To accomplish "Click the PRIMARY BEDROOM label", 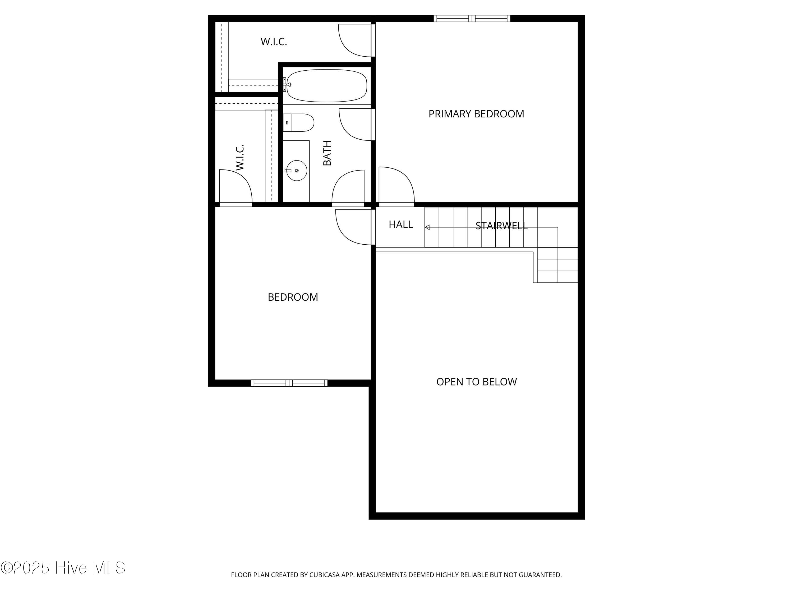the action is [x=476, y=114].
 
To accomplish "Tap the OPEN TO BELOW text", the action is [x=476, y=382].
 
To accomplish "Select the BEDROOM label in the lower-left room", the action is [x=293, y=297].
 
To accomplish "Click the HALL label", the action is [x=401, y=225].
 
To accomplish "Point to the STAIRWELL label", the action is [x=501, y=226].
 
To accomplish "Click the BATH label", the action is [x=327, y=153].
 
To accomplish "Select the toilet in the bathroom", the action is [x=299, y=123].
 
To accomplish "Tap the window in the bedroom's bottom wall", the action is [x=289, y=383].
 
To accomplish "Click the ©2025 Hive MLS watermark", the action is [x=63, y=568].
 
